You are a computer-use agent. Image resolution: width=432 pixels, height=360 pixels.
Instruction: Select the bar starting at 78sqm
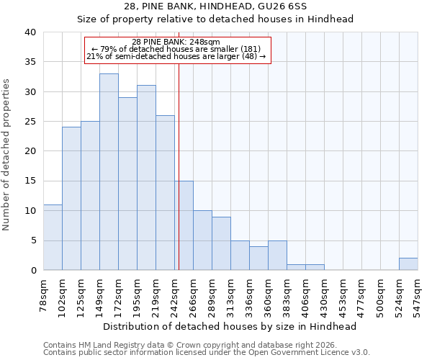(53, 238)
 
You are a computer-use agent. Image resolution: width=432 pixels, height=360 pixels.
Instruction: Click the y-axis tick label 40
(30, 32)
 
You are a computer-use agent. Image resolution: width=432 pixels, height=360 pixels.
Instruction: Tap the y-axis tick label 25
(30, 122)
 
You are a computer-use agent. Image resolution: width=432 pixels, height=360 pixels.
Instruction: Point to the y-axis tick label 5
(32, 240)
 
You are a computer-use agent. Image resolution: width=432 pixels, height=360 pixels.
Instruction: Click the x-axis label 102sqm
(62, 293)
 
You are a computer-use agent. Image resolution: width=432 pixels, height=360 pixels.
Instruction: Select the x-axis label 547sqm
(418, 293)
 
